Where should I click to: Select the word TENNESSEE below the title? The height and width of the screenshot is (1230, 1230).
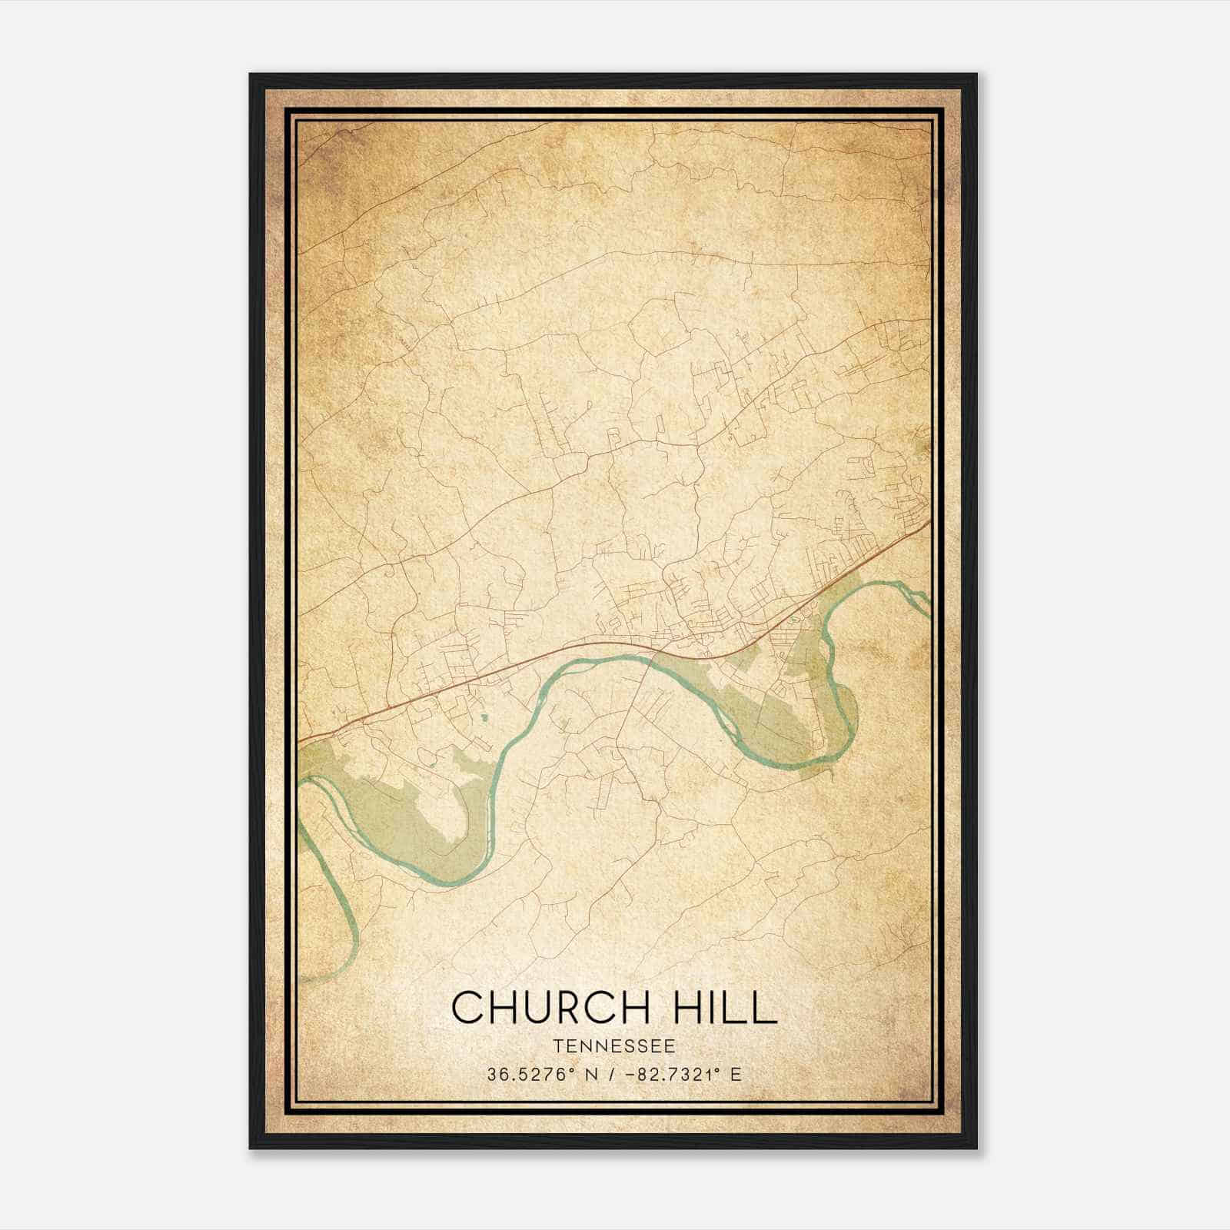click(x=613, y=1046)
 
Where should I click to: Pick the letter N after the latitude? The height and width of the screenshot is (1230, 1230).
click(x=590, y=1075)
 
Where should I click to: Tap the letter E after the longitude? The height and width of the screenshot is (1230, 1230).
click(x=736, y=1075)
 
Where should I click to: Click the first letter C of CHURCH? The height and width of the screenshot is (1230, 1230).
click(x=467, y=1007)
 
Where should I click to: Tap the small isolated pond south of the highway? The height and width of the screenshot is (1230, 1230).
click(x=484, y=718)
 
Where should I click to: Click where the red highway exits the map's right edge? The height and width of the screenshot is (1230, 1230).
click(x=930, y=520)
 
